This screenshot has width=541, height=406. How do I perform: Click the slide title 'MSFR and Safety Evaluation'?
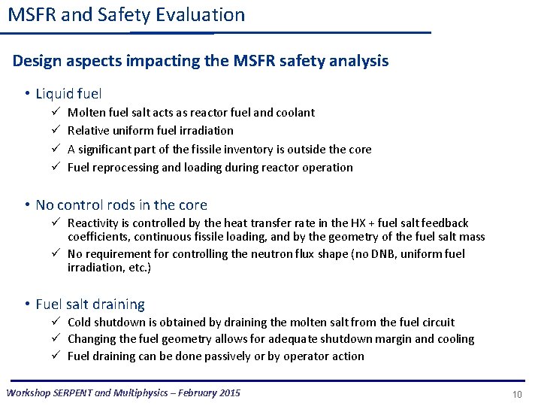126,15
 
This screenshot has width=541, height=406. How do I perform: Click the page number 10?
517,394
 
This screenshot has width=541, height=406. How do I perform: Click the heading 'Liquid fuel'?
68,94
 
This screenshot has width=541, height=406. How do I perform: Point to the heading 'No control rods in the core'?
121,205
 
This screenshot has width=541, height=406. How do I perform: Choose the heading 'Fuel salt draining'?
90,304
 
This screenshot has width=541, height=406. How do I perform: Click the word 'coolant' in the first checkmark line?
295,113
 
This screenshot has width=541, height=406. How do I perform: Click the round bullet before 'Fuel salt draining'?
26,304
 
